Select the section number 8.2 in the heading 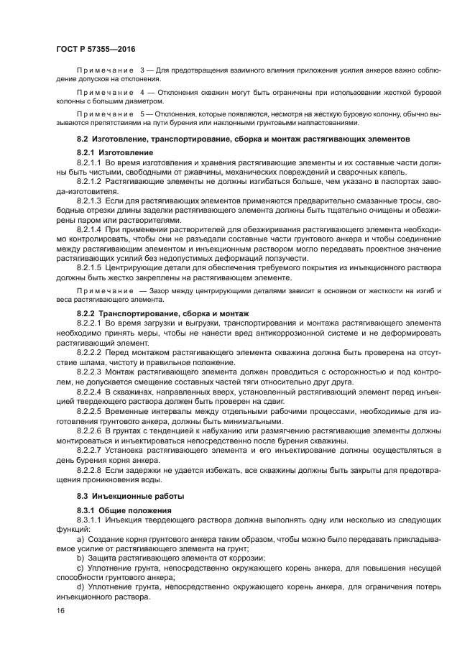[83, 137]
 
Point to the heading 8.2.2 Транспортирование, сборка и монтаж [162, 314]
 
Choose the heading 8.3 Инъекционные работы [121, 496]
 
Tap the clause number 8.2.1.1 [90, 164]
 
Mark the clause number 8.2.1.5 [90, 267]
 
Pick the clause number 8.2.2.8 [90, 469]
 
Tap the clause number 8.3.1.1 [90, 521]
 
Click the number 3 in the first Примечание [142, 68]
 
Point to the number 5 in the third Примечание [142, 114]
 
